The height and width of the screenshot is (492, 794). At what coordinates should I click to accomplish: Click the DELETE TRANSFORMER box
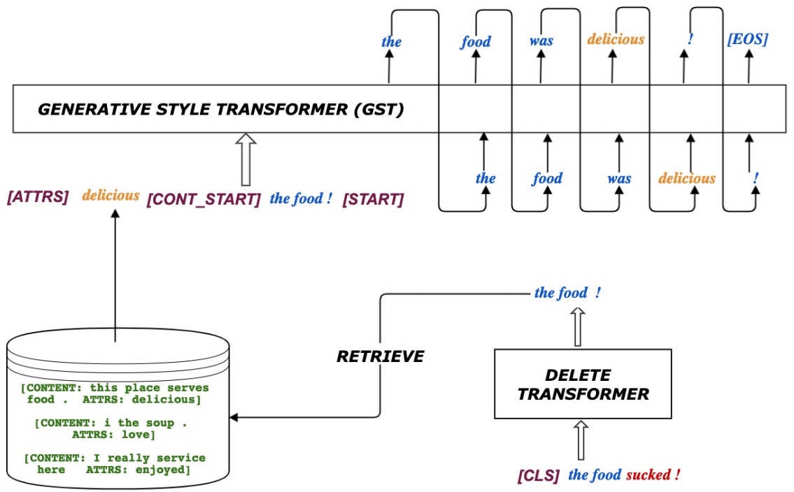click(x=583, y=385)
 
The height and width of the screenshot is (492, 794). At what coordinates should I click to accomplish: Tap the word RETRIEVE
click(x=381, y=357)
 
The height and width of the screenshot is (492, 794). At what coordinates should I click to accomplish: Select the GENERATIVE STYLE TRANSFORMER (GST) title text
click(x=220, y=110)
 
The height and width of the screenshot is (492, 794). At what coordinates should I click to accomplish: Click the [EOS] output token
click(x=747, y=39)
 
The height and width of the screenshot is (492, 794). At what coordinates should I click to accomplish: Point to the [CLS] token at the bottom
click(x=539, y=476)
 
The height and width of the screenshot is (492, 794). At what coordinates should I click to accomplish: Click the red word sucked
click(x=653, y=475)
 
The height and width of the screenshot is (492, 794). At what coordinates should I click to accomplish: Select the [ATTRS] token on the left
click(x=38, y=198)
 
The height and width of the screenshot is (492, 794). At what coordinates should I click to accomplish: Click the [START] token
click(x=373, y=199)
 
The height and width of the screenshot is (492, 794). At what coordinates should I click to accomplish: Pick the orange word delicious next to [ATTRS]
click(x=111, y=196)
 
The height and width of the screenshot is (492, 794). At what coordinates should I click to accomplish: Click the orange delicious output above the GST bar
click(x=616, y=39)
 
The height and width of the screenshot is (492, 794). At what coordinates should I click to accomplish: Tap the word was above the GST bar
click(x=541, y=41)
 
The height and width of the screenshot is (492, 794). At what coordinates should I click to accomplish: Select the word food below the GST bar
click(x=547, y=178)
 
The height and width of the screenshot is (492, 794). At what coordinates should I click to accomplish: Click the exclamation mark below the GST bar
click(x=756, y=178)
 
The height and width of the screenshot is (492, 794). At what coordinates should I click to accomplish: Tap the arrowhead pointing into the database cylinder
click(x=235, y=417)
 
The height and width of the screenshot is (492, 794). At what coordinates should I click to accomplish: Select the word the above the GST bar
click(x=391, y=41)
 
